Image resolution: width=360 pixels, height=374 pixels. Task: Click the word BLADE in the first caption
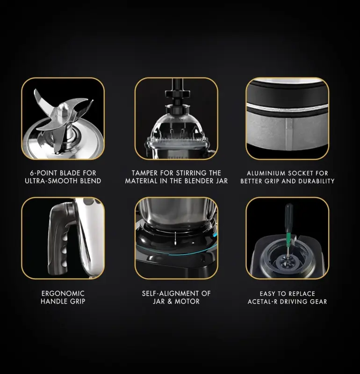tap(70, 173)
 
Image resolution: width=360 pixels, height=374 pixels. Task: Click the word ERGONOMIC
tap(63, 293)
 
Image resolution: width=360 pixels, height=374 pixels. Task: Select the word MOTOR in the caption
tap(187, 301)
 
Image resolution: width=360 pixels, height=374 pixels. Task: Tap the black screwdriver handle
tap(289, 217)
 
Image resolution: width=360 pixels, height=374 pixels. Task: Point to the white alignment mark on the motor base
tap(176, 238)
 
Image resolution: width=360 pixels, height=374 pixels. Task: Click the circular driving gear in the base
tap(288, 262)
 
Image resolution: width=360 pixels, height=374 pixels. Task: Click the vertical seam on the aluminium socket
tap(288, 134)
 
